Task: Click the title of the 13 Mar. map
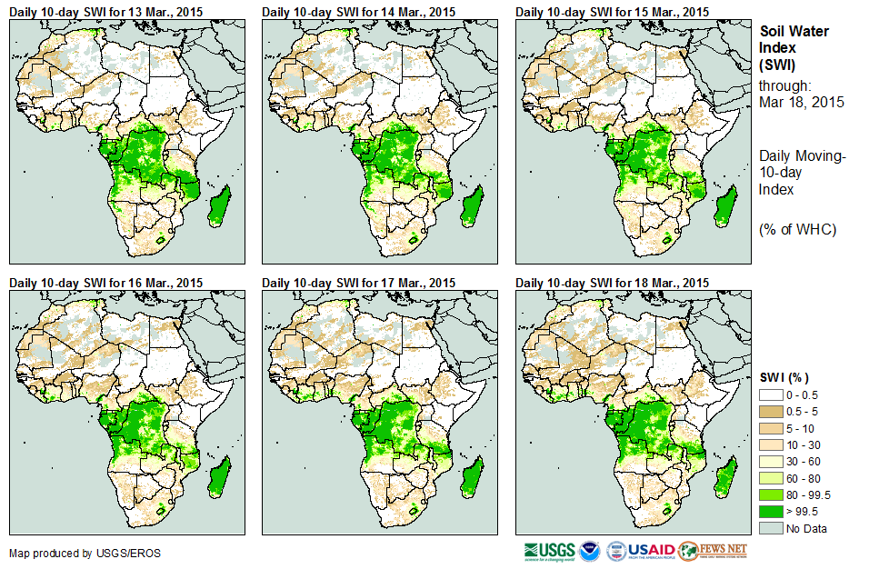pos(105,12)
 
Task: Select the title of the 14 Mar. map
pos(358,12)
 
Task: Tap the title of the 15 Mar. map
pos(612,12)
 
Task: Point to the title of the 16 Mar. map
pos(105,283)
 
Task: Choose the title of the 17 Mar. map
pos(358,283)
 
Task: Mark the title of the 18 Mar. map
pos(612,283)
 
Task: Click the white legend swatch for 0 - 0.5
pos(772,394)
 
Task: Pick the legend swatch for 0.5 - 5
pos(772,412)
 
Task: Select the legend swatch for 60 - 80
pos(772,478)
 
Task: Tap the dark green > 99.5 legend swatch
pos(772,512)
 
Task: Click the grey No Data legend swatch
pos(772,528)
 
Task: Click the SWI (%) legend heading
pos(784,377)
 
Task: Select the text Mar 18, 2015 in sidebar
pos(801,102)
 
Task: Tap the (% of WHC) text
pos(797,228)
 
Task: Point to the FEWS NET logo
pos(713,551)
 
